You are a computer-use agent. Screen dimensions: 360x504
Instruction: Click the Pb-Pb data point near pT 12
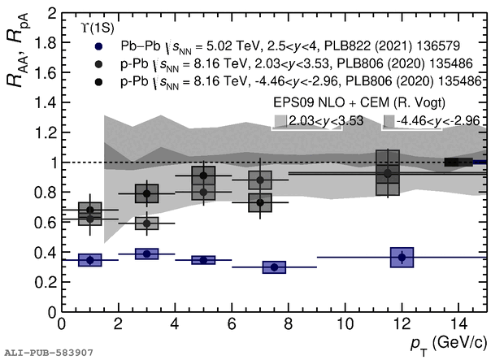(402, 257)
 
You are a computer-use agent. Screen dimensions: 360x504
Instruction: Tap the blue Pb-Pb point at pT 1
(90, 260)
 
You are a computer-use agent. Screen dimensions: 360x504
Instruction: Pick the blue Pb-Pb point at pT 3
(146, 254)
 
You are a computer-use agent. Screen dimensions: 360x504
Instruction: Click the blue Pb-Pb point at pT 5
(202, 260)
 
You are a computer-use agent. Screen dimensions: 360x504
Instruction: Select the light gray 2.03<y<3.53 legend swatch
(280, 121)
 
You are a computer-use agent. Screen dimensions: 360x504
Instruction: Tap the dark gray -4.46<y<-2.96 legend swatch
(389, 121)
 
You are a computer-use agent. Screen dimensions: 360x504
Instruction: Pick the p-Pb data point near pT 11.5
(388, 172)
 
